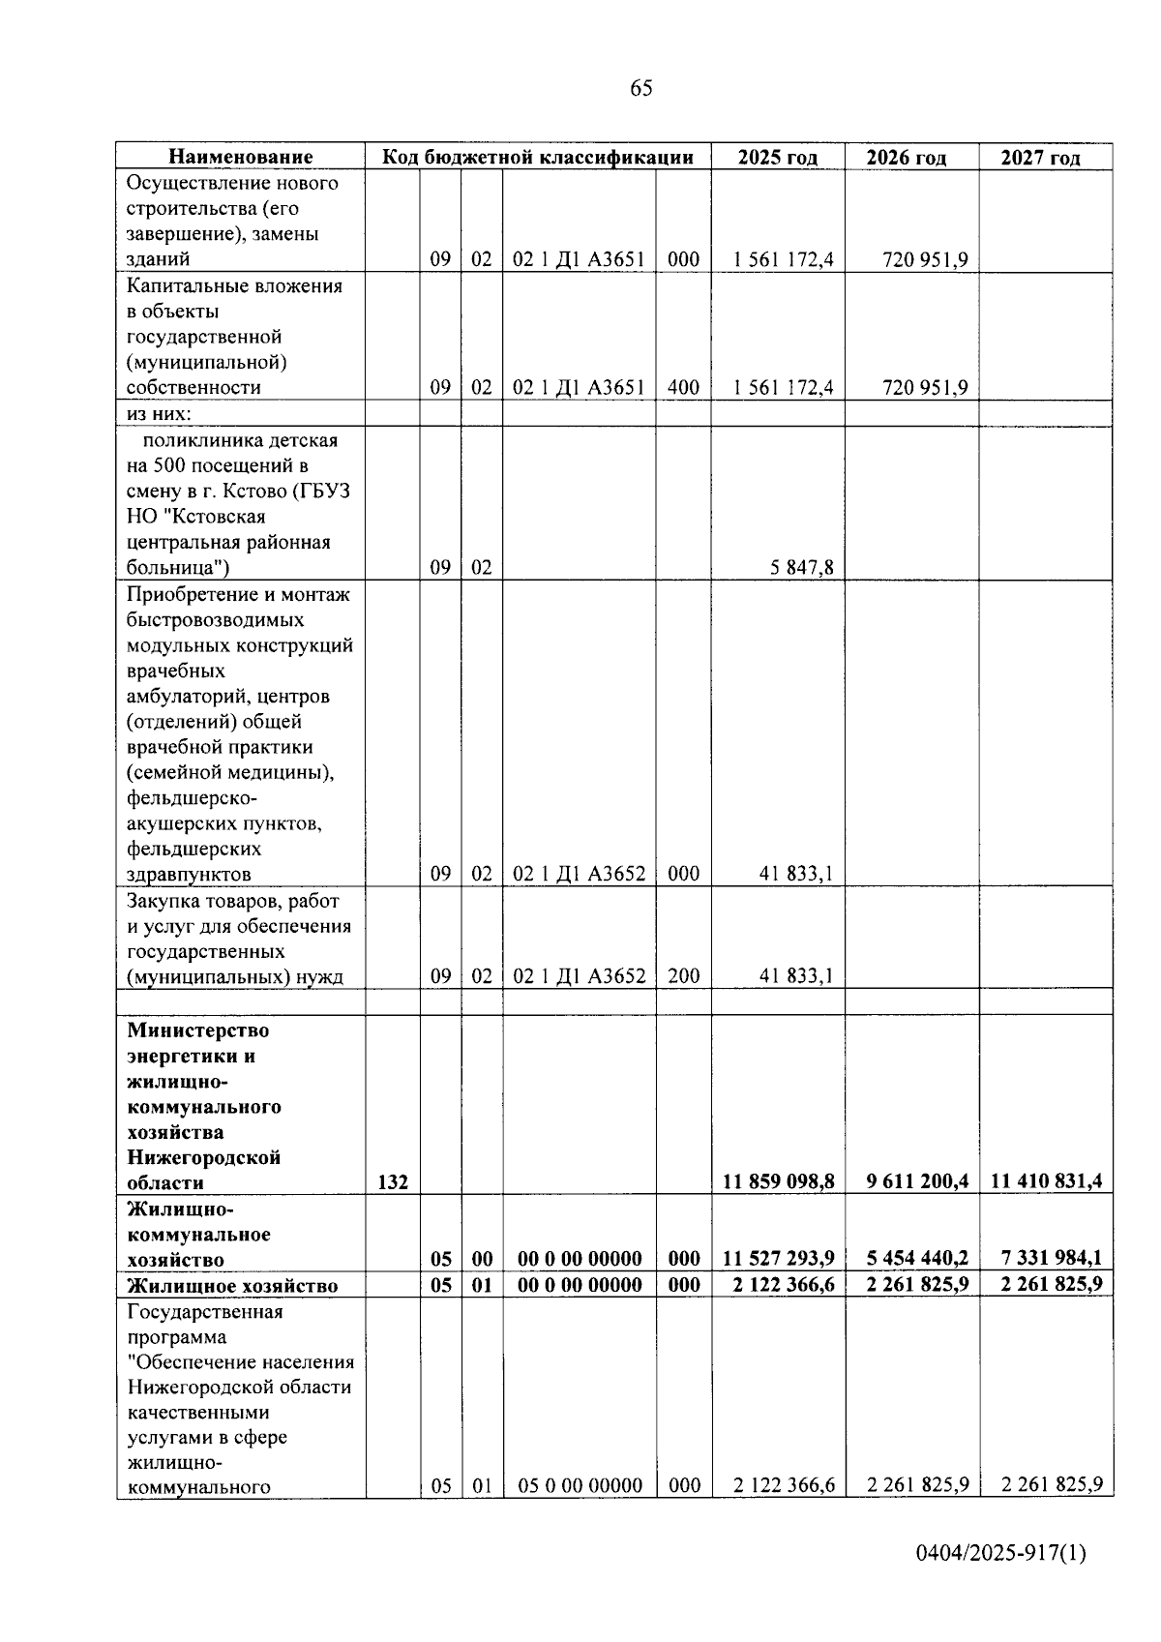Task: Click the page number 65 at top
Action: (640, 89)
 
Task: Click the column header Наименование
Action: (241, 157)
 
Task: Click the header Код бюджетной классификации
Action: (538, 157)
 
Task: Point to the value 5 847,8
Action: (802, 568)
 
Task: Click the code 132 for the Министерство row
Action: (393, 1181)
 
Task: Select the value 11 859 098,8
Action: (779, 1181)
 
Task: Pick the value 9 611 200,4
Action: (913, 1181)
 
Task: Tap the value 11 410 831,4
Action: (1047, 1181)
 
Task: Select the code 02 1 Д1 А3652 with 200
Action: (579, 976)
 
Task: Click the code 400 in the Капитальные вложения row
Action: (683, 388)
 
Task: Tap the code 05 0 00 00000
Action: (580, 1485)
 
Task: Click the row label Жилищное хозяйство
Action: (232, 1285)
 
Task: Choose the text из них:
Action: (159, 414)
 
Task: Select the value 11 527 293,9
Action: (779, 1258)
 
